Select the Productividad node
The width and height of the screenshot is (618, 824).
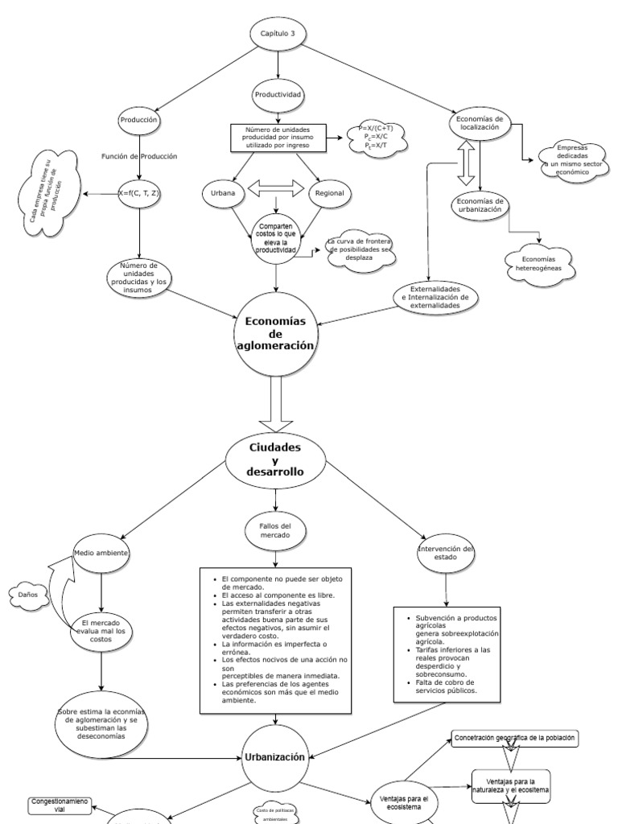pyautogui.click(x=278, y=94)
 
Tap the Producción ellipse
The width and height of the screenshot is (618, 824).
pyautogui.click(x=139, y=120)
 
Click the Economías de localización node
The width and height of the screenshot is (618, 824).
pyautogui.click(x=480, y=123)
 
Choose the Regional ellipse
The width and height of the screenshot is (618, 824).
pyautogui.click(x=329, y=193)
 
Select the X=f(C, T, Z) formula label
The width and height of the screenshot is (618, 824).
pyautogui.click(x=139, y=193)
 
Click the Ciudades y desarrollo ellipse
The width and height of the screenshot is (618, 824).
pyautogui.click(x=275, y=459)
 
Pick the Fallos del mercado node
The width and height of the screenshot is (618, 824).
pyautogui.click(x=275, y=530)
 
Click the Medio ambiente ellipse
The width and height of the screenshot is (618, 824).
pyautogui.click(x=101, y=554)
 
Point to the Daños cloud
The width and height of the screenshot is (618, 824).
pyautogui.click(x=27, y=595)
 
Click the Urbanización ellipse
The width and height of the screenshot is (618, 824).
pyautogui.click(x=274, y=756)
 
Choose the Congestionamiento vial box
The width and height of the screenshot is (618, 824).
pyautogui.click(x=60, y=805)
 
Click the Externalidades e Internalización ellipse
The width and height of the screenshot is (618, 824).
pyautogui.click(x=435, y=297)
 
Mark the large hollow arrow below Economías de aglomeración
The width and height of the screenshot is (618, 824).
pyautogui.click(x=276, y=406)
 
